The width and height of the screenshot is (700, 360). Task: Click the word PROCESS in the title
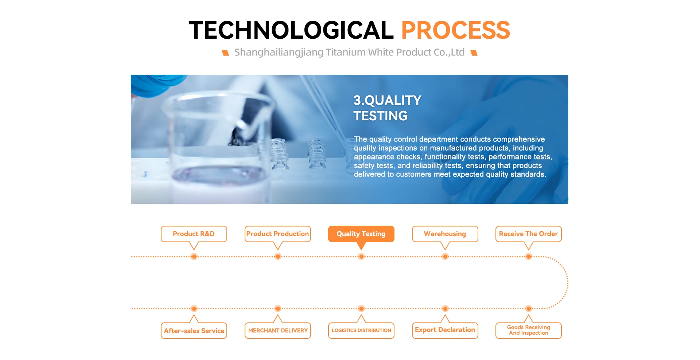455,30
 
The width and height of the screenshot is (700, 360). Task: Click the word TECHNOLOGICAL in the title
291,30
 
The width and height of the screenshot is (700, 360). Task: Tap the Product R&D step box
194,234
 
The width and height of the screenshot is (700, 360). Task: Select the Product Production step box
278,234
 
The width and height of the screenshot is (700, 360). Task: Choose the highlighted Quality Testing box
361,234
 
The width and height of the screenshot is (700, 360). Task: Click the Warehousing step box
445,234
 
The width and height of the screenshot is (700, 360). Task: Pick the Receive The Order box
529,234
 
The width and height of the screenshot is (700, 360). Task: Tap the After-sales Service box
194,330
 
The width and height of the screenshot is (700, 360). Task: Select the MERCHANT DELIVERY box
278,330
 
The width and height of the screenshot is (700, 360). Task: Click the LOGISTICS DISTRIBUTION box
361,330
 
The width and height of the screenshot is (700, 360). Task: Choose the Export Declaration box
445,330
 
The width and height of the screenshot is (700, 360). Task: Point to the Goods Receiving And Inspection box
529,330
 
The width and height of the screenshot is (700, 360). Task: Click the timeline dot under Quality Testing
361,257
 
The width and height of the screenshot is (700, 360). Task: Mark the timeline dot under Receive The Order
529,257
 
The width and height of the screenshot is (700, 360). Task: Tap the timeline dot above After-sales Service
194,309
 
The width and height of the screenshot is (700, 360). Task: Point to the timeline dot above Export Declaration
445,309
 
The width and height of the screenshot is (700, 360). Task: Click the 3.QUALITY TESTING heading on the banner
387,108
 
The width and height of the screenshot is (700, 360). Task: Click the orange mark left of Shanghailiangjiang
226,53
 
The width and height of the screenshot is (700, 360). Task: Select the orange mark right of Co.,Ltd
474,53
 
